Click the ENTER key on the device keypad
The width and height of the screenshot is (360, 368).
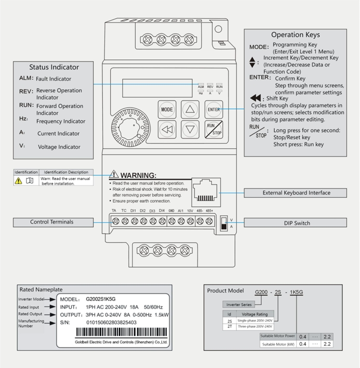pos(214,109)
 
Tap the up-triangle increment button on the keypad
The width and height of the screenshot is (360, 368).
pos(191,109)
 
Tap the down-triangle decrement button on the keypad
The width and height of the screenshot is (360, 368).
pos(191,129)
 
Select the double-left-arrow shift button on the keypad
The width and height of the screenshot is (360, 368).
pos(167,129)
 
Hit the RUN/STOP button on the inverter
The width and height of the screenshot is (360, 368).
pos(214,129)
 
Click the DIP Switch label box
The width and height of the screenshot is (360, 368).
pos(295,223)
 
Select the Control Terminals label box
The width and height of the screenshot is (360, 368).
pos(52,222)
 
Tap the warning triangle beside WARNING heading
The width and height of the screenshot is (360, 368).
pos(114,174)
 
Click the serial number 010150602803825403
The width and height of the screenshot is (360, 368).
pos(111,322)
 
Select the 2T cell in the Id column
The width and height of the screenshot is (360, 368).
pos(229,326)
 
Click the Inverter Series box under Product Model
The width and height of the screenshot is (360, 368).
pos(239,304)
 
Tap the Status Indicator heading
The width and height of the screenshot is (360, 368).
pos(54,67)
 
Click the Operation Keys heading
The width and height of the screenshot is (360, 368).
pos(295,35)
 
